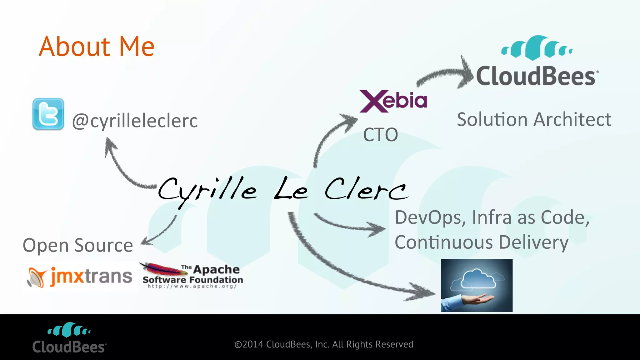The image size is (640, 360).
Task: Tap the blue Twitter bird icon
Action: [x=48, y=114]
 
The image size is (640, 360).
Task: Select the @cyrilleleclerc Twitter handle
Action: [x=135, y=121]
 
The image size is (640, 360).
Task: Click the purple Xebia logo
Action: [x=393, y=101]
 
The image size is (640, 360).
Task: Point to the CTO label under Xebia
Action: [x=380, y=135]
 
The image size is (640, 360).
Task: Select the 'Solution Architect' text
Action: [x=534, y=119]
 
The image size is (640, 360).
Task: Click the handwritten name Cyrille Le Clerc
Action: [x=283, y=190]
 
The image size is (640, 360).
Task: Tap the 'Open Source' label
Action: [x=78, y=245]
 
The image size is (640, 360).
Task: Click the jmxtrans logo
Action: [x=80, y=277]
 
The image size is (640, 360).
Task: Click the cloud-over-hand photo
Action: [x=477, y=285]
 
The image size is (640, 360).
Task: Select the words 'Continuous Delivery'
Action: [x=481, y=242]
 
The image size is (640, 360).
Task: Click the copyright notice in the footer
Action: [x=324, y=344]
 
